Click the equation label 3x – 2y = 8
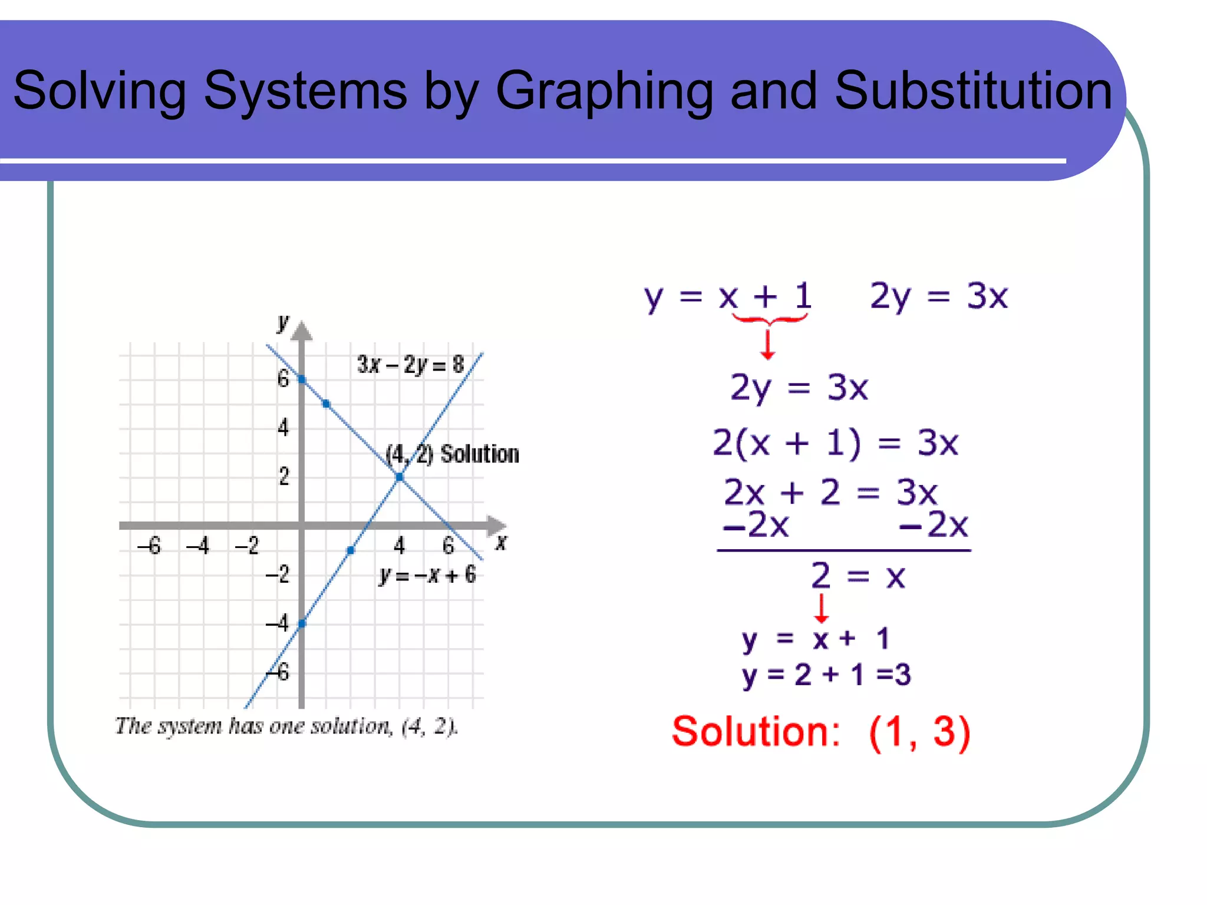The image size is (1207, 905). pyautogui.click(x=410, y=365)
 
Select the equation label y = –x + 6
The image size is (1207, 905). pyautogui.click(x=427, y=574)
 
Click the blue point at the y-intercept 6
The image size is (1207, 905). pyautogui.click(x=302, y=379)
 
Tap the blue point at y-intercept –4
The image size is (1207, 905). pyautogui.click(x=302, y=623)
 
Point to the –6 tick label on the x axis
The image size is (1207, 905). pyautogui.click(x=149, y=546)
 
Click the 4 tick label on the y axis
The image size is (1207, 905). pyautogui.click(x=283, y=427)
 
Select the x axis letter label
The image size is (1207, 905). pyautogui.click(x=501, y=542)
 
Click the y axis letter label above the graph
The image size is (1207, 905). pyautogui.click(x=283, y=322)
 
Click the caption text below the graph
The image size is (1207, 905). pyautogui.click(x=286, y=726)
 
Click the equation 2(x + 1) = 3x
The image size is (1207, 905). pyautogui.click(x=835, y=443)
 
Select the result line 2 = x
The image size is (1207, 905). pyautogui.click(x=858, y=576)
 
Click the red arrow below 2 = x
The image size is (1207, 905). pyautogui.click(x=821, y=609)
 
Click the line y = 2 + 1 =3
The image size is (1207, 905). pyautogui.click(x=826, y=675)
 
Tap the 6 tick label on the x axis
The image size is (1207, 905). pyautogui.click(x=448, y=546)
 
